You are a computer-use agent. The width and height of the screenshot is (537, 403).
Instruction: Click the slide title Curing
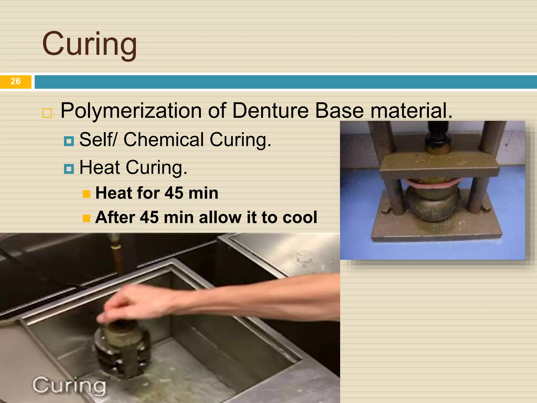click(89, 44)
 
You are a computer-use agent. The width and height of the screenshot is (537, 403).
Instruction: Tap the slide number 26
click(15, 81)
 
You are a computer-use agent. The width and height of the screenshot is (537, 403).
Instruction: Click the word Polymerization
click(131, 110)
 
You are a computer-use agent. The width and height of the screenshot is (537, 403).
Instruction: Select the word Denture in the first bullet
click(270, 110)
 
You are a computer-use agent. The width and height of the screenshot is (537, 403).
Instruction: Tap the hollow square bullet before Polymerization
click(47, 113)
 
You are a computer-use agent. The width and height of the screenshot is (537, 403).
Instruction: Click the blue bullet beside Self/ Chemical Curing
click(69, 141)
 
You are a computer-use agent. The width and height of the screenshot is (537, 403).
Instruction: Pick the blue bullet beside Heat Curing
click(69, 169)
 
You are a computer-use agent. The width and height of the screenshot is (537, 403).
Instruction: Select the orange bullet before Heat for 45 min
click(87, 194)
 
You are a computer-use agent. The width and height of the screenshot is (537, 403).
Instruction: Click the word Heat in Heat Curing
click(100, 167)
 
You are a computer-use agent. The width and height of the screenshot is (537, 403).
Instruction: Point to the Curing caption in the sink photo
click(69, 385)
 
